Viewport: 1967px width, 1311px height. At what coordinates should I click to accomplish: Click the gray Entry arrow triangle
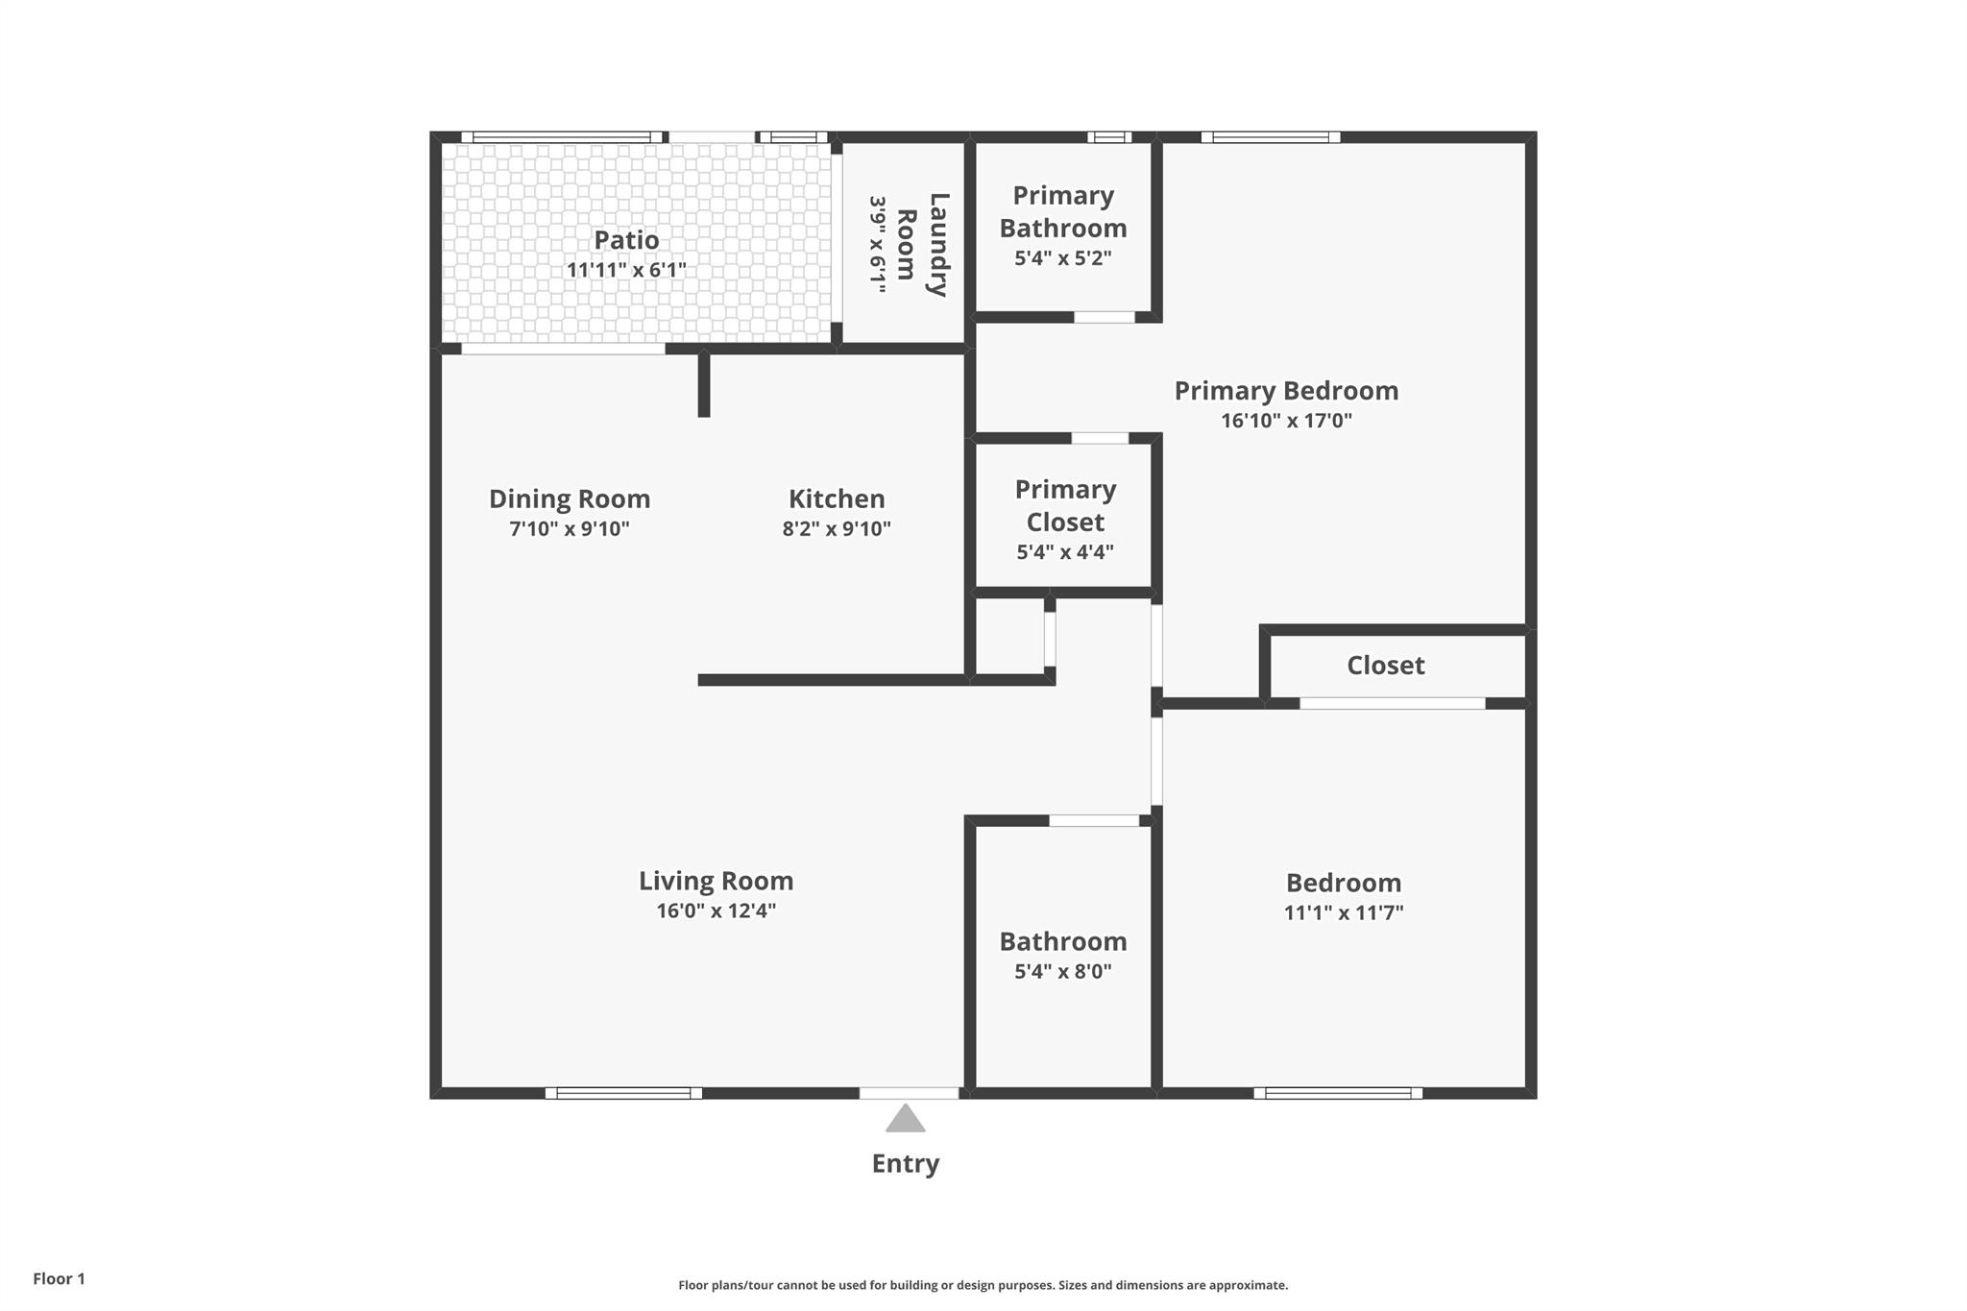tap(905, 1119)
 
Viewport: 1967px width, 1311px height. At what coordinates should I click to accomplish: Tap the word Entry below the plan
tap(905, 1163)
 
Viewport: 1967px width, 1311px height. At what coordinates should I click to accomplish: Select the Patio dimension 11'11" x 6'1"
tap(626, 270)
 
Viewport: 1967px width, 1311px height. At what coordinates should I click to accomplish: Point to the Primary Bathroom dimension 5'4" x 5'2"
tap(1063, 258)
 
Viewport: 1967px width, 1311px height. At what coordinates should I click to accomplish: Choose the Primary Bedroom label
tap(1286, 391)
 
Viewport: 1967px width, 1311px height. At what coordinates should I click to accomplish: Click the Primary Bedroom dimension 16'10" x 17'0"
tap(1286, 421)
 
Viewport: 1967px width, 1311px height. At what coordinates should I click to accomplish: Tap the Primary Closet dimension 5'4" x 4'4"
tap(1065, 552)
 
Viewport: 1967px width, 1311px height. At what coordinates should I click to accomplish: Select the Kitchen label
tap(837, 498)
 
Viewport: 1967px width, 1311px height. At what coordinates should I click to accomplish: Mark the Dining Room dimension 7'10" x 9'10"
tap(570, 528)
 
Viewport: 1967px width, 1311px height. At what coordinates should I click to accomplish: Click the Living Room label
tap(716, 881)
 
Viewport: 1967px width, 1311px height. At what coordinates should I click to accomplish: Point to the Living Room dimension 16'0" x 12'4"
tap(716, 910)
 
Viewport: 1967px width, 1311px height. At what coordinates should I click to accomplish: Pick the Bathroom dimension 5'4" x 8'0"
tap(1063, 971)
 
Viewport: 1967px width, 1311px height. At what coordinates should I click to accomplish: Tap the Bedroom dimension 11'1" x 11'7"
tap(1344, 912)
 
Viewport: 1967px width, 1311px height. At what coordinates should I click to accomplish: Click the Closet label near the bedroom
tap(1385, 666)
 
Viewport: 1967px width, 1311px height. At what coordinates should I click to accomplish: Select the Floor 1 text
tap(59, 1278)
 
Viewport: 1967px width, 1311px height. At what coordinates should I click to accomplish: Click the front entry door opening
tap(909, 1093)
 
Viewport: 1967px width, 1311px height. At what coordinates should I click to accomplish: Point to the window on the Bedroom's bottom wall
tap(1338, 1093)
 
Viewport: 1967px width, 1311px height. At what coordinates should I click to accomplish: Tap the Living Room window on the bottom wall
tap(623, 1093)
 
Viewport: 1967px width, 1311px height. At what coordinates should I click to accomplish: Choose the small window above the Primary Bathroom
tap(1109, 137)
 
